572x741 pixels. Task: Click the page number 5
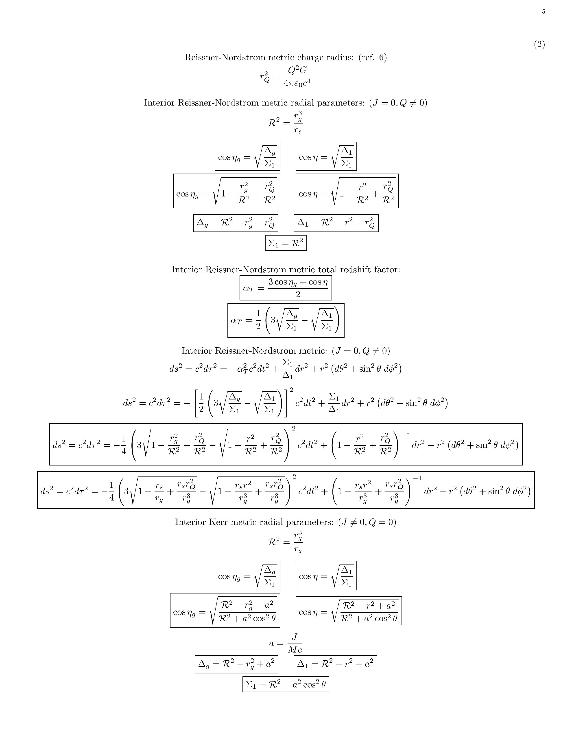543,11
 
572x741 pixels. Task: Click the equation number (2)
539,44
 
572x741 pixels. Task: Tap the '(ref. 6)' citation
372,58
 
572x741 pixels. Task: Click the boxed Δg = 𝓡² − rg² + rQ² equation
236,223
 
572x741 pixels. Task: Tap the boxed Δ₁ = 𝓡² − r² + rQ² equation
336,223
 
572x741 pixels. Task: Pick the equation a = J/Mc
286,644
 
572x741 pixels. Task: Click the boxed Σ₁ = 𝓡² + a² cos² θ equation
286,684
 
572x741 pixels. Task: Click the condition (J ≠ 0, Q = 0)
367,522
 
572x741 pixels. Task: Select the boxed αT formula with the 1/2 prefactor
286,320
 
